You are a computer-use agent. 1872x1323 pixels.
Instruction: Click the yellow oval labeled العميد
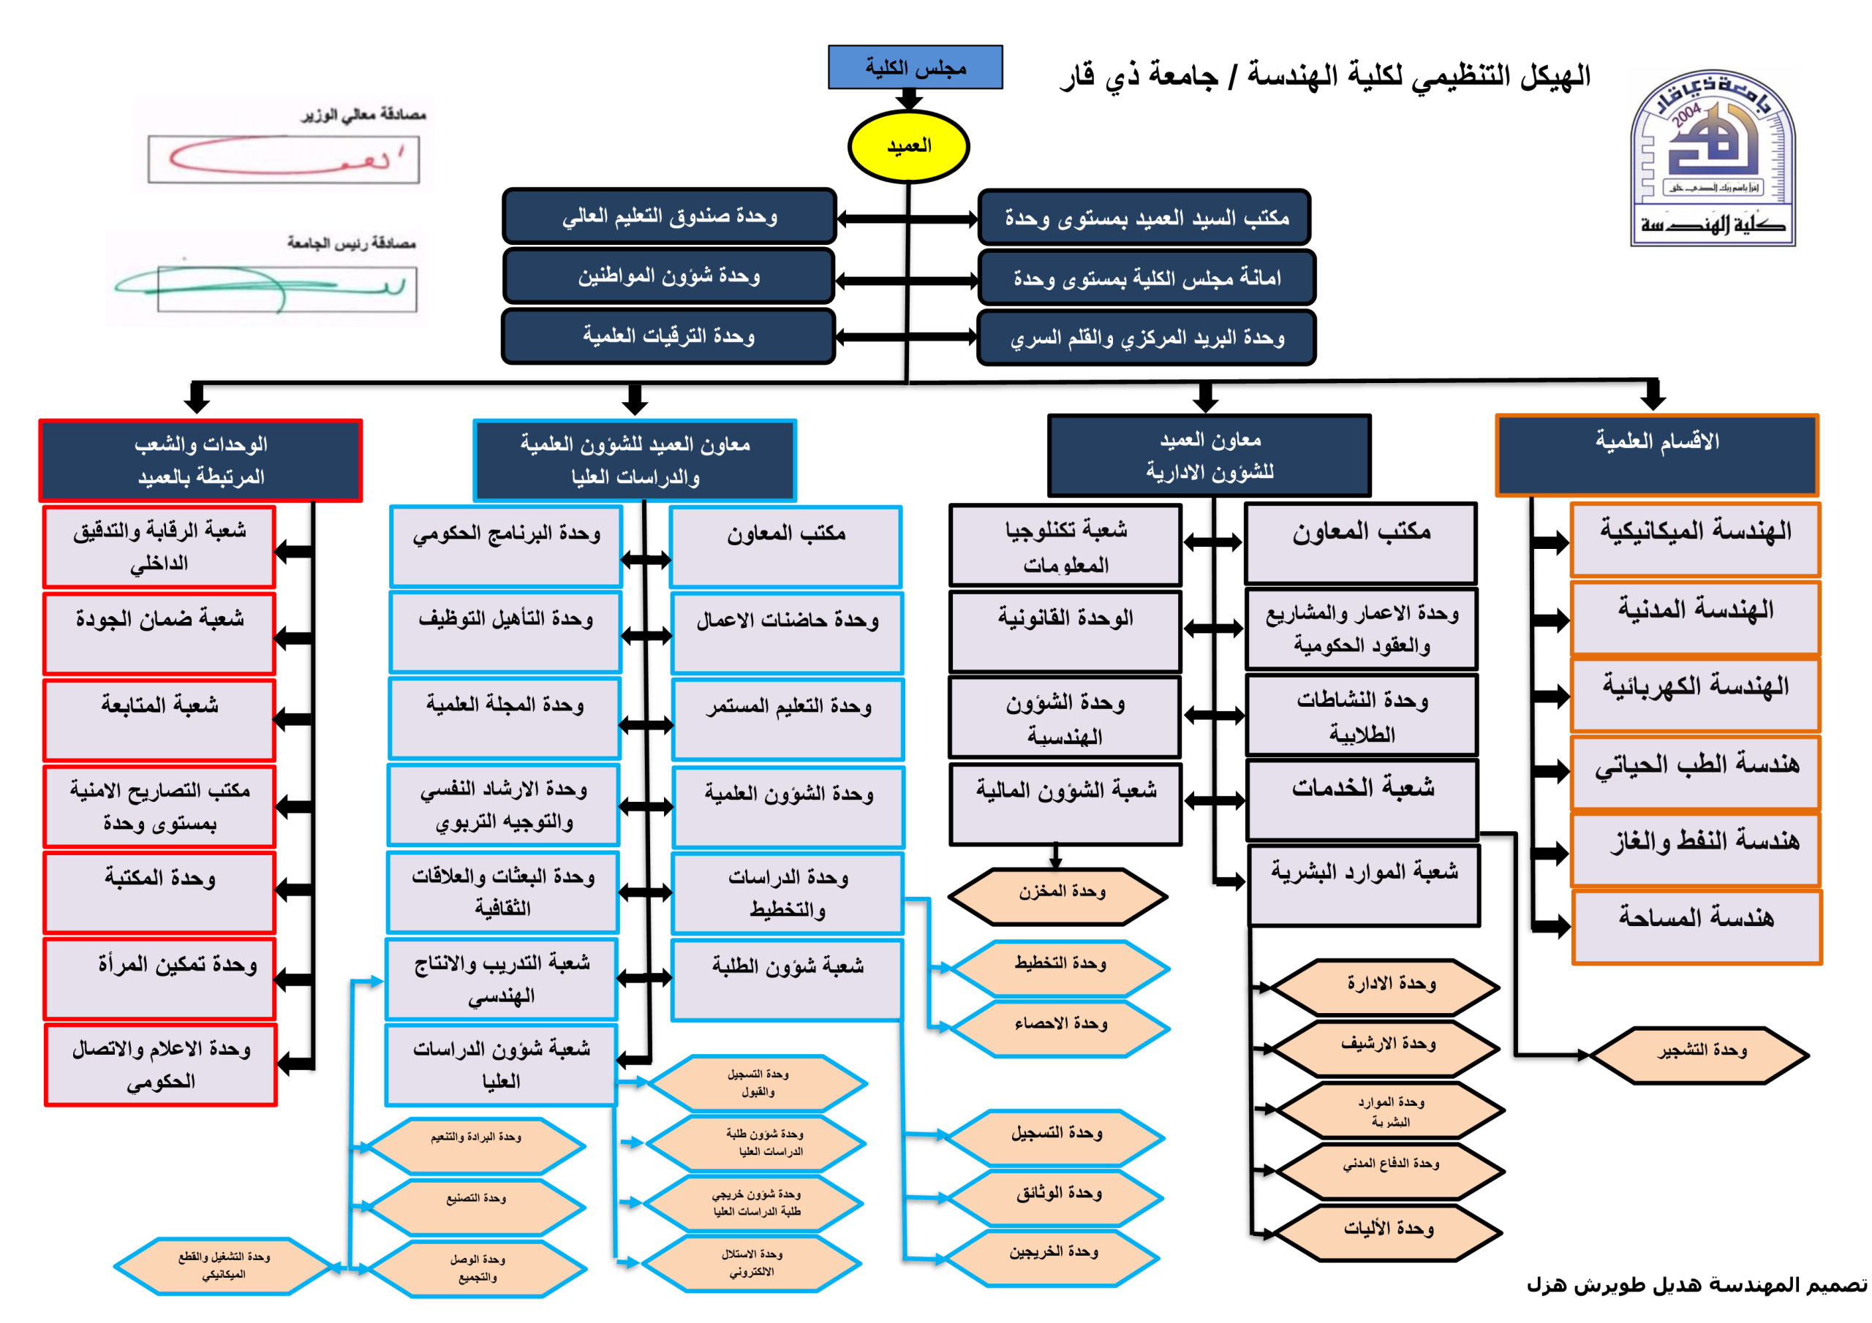908,147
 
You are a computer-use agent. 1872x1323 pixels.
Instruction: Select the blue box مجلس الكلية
915,67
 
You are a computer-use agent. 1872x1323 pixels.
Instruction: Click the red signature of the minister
283,158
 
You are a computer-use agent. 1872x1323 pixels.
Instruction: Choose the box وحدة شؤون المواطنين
668,276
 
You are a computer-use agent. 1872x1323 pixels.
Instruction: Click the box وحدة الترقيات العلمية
668,336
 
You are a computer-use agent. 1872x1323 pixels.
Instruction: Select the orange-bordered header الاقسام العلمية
1657,455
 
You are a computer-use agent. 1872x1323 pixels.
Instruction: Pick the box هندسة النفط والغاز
1696,847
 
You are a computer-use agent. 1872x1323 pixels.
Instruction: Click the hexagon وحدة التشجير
1701,1055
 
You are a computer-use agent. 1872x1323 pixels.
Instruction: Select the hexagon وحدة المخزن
1058,896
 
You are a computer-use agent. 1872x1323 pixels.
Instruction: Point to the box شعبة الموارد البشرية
1364,884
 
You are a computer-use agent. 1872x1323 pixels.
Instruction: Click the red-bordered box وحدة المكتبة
160,892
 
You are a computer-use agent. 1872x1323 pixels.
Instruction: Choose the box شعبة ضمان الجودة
160,632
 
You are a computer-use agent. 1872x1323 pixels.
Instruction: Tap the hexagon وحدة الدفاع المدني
1390,1170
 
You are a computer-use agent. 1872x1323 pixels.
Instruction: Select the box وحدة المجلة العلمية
505,717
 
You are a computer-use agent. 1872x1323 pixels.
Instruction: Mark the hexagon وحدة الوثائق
1057,1197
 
